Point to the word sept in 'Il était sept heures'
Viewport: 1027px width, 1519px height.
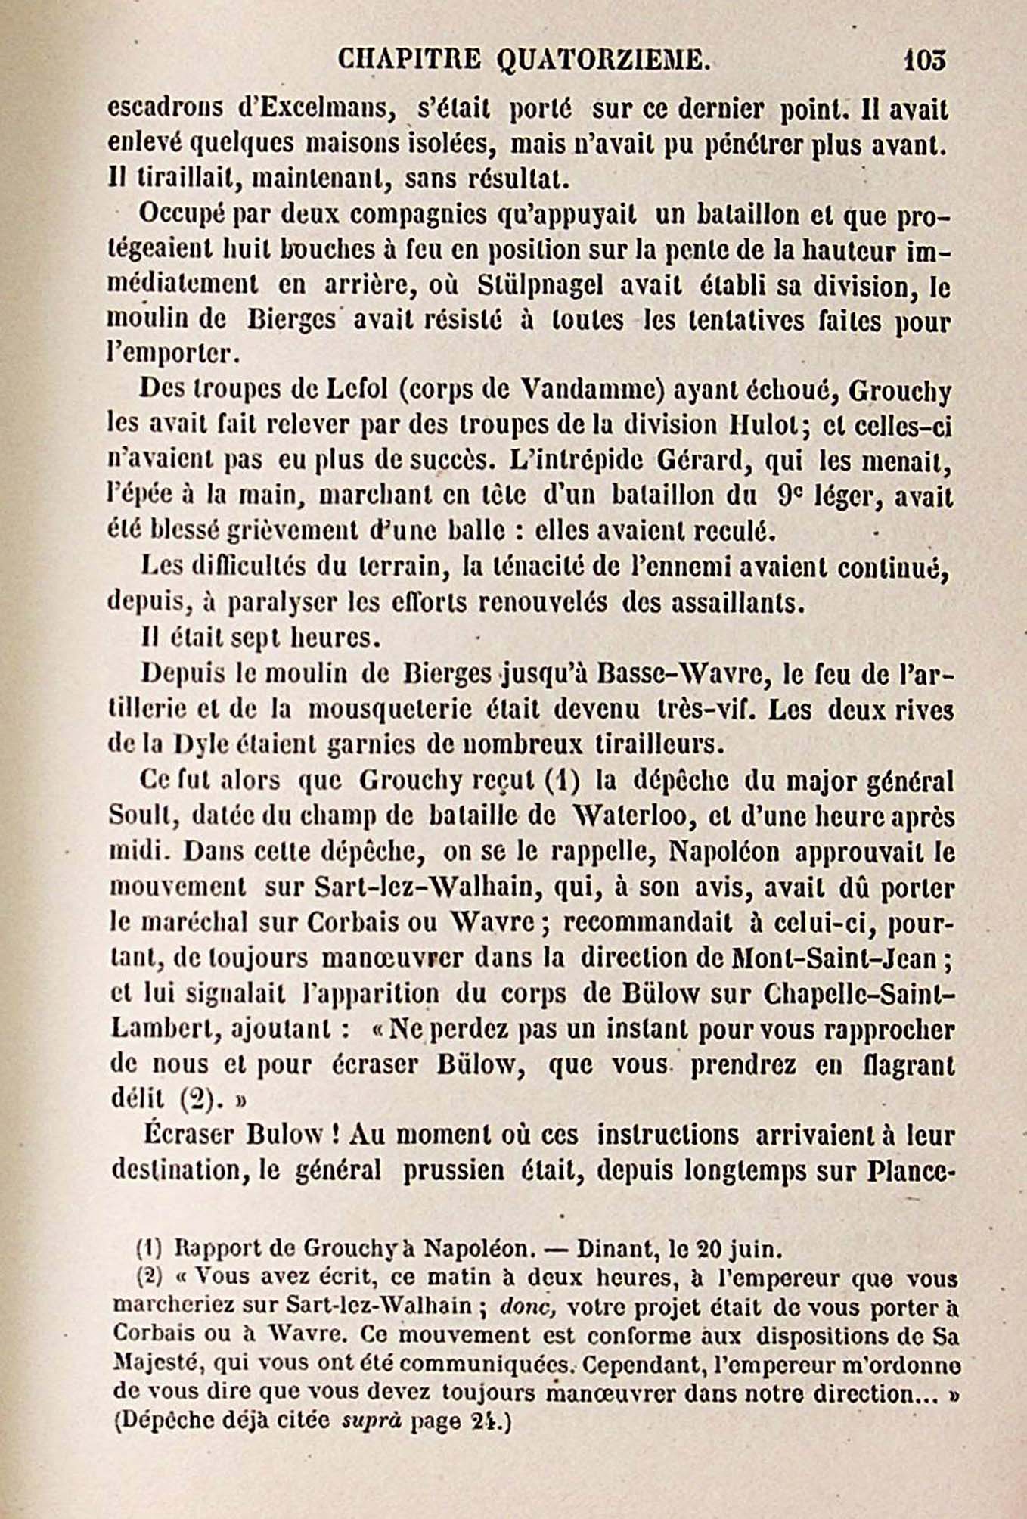[251, 638]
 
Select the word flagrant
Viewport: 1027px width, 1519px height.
[908, 1064]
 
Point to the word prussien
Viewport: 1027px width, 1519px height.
[454, 1170]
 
